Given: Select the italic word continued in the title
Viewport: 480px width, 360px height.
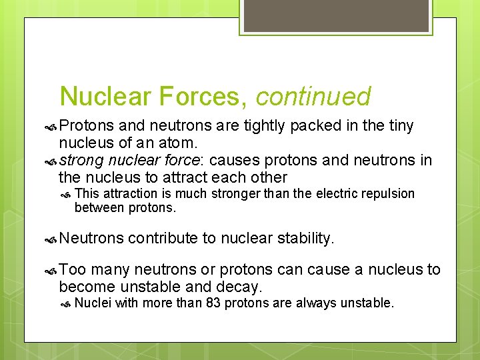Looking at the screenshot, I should pos(313,97).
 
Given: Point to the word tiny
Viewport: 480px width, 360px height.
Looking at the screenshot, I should pos(398,126).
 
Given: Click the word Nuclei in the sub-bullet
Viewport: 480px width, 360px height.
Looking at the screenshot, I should pos(93,304).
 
